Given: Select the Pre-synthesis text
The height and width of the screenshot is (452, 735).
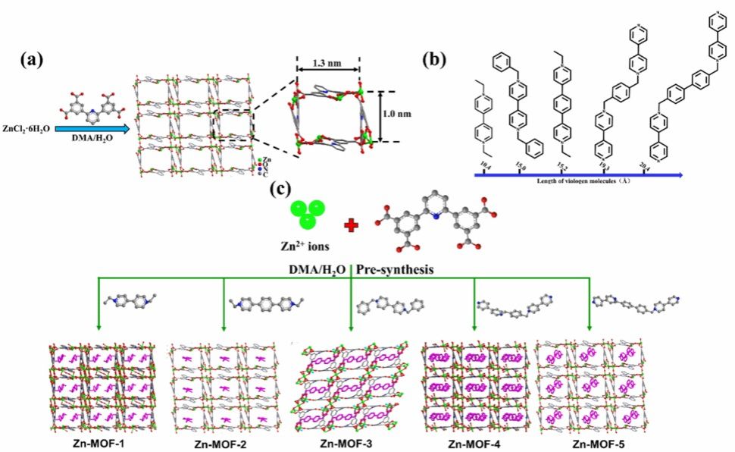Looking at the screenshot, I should [x=401, y=270].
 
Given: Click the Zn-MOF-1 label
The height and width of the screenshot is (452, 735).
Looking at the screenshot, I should [x=86, y=441].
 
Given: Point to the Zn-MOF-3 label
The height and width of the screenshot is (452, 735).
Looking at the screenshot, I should [x=350, y=441].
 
